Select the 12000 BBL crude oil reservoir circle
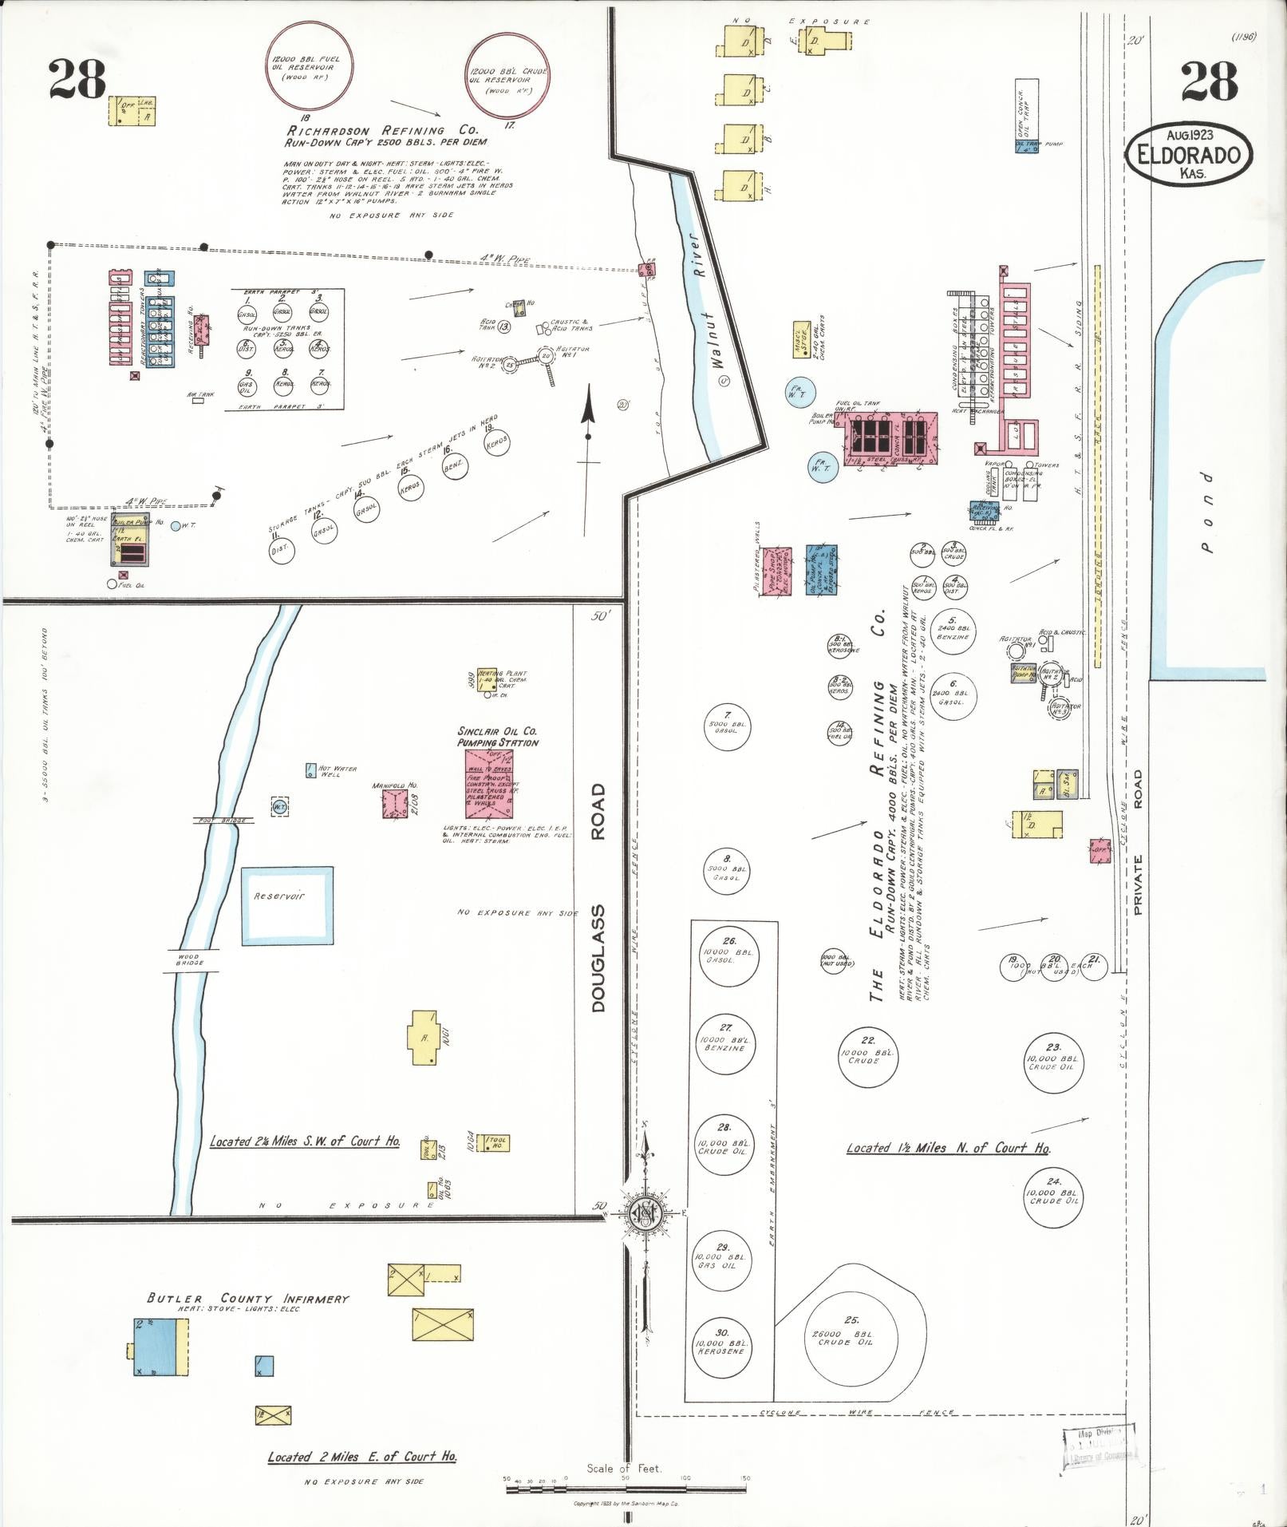pyautogui.click(x=507, y=77)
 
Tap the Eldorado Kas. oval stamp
pyautogui.click(x=1188, y=154)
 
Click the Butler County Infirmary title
pyautogui.click(x=248, y=1299)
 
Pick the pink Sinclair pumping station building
pyautogui.click(x=489, y=784)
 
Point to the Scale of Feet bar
pyautogui.click(x=627, y=1478)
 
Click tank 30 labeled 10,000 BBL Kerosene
pyautogui.click(x=720, y=1347)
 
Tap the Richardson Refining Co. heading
pyautogui.click(x=382, y=130)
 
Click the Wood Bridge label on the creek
pyautogui.click(x=189, y=959)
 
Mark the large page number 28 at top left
pyautogui.click(x=77, y=80)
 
